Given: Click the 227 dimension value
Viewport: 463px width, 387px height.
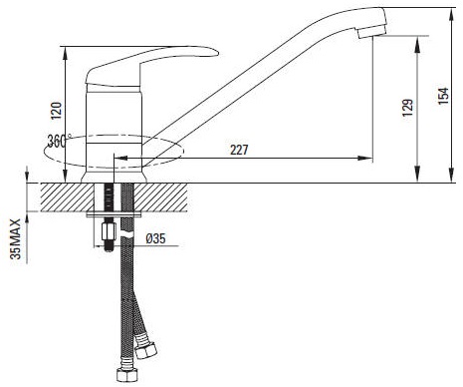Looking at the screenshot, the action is tap(239, 150).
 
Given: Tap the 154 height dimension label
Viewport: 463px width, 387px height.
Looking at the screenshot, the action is tap(443, 96).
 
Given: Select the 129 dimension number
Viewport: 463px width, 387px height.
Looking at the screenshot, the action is tap(407, 108).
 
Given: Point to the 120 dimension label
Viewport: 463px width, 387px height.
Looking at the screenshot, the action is tap(56, 111).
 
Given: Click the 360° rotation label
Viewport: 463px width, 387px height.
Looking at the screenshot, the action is tap(59, 141).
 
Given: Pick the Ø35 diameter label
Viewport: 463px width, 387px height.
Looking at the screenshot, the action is tap(155, 238).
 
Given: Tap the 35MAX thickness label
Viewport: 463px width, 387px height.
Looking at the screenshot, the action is tap(15, 239).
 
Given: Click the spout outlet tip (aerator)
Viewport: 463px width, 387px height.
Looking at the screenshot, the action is tap(371, 32).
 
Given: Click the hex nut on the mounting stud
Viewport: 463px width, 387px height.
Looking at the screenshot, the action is tap(109, 231).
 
